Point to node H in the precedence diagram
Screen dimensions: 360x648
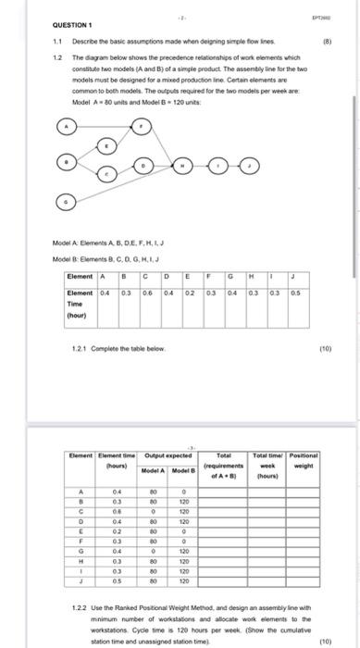click(183, 165)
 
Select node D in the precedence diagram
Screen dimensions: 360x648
click(144, 165)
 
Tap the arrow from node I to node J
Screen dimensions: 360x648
click(234, 165)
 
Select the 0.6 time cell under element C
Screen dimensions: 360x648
click(145, 268)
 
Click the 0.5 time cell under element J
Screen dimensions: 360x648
click(294, 268)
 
